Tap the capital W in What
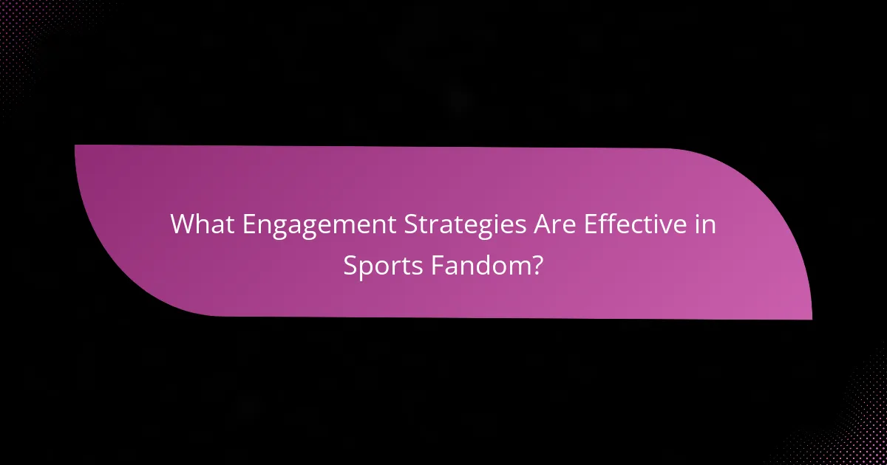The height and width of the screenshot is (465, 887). (182, 225)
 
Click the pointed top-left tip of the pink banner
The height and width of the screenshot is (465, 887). (76, 146)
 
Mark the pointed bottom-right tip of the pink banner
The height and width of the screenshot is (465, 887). (810, 318)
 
